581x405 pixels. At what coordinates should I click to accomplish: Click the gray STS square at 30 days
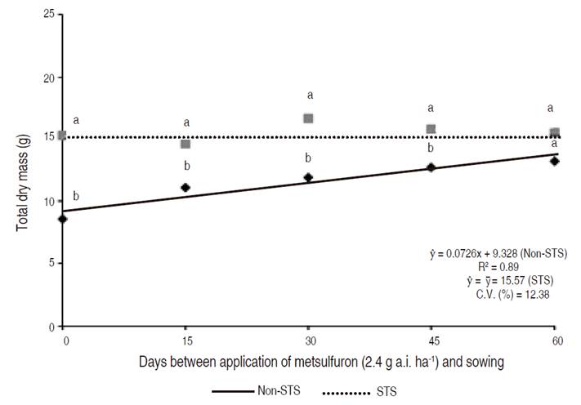309,118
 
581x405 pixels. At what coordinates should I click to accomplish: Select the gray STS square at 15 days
185,144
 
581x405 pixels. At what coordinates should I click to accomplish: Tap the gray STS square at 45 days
431,129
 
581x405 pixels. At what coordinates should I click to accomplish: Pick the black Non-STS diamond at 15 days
185,187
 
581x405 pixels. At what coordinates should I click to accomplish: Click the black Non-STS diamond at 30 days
308,177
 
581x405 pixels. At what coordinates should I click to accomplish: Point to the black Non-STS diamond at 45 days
431,167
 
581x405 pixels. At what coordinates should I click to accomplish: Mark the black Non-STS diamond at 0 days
62,219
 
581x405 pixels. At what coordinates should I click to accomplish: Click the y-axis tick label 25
48,16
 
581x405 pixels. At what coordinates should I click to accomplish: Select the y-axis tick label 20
48,78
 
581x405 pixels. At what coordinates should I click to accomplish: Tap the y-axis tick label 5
51,264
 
